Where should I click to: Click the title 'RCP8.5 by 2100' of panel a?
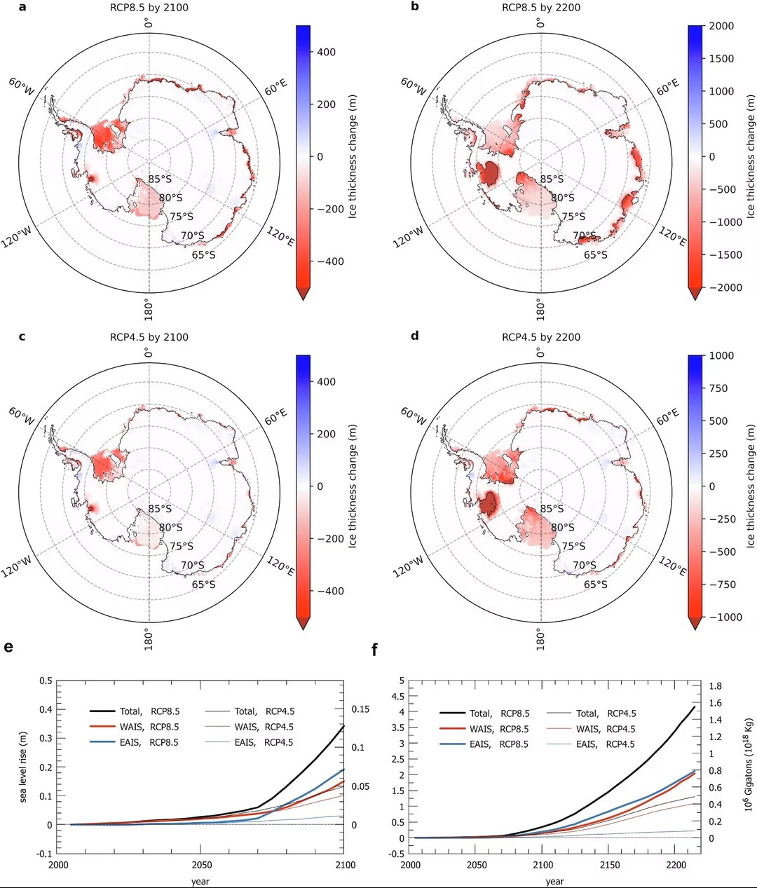pos(149,8)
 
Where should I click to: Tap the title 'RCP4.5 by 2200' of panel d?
pos(540,337)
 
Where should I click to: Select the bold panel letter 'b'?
pos(415,7)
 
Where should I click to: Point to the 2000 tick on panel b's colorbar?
pos(721,27)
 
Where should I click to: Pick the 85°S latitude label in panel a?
pos(159,179)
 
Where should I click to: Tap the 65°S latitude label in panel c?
pos(203,585)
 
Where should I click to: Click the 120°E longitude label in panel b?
pos(672,236)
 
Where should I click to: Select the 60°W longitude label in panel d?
pos(413,418)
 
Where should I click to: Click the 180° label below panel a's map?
pos(149,308)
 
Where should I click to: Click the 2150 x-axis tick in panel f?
pos(610,865)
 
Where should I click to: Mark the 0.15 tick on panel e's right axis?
pos(360,709)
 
